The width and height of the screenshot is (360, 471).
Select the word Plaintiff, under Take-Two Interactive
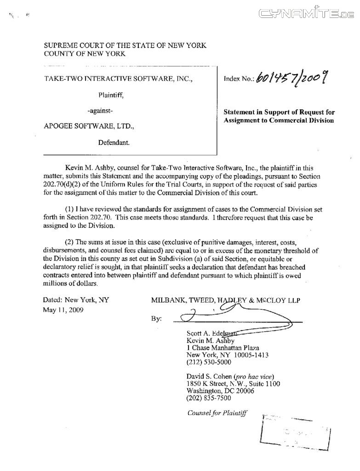(111, 95)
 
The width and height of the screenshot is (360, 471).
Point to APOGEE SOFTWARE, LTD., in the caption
(90, 126)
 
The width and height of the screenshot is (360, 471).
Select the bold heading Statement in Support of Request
(279, 112)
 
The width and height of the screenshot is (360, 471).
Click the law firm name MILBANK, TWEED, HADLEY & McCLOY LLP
(225, 301)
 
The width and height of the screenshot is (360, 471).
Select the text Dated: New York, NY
(76, 300)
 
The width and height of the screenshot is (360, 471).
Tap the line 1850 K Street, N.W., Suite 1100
(234, 384)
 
